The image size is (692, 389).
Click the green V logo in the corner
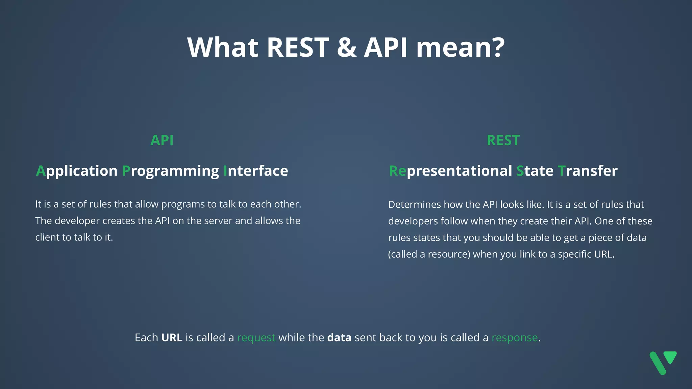pyautogui.click(x=663, y=362)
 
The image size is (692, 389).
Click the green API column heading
pyautogui.click(x=162, y=140)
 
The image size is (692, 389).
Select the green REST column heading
pyautogui.click(x=503, y=140)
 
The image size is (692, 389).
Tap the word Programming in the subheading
pyautogui.click(x=170, y=171)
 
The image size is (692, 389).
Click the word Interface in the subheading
pyautogui.click(x=255, y=171)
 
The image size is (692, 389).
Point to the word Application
pyautogui.click(x=77, y=171)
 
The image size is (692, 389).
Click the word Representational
pyautogui.click(x=450, y=171)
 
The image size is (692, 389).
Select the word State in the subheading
pyautogui.click(x=535, y=171)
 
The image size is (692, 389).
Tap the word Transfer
pyautogui.click(x=587, y=171)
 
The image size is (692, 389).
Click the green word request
pyautogui.click(x=256, y=338)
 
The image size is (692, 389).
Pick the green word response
pyautogui.click(x=514, y=338)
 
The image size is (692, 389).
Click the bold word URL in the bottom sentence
pyautogui.click(x=172, y=337)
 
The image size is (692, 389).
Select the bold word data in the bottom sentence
pyautogui.click(x=339, y=337)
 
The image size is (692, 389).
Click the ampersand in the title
pyautogui.click(x=346, y=47)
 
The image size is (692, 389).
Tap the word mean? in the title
pyautogui.click(x=460, y=47)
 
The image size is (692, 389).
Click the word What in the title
pyautogui.click(x=223, y=47)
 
